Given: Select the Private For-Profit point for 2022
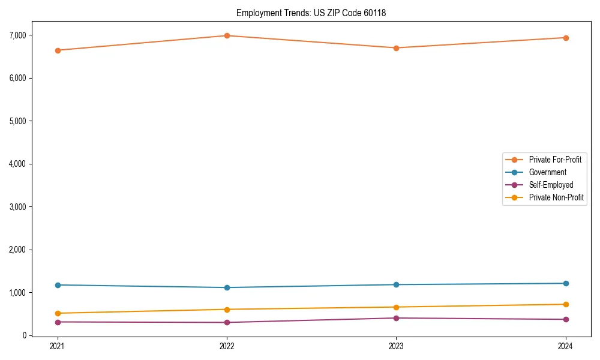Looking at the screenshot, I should (227, 35).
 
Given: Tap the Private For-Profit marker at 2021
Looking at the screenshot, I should (58, 50).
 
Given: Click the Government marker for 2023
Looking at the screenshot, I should (396, 284).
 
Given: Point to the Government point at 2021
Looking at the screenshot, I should (58, 285).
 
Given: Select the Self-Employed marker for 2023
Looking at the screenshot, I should (396, 318).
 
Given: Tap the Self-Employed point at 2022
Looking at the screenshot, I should (227, 323).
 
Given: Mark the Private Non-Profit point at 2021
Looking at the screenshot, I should (58, 313).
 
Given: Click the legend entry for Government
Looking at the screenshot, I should (547, 172).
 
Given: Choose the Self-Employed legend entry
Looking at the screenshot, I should (551, 185).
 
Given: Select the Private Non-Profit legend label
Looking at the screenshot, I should (556, 197).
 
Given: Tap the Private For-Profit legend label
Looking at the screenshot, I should (555, 160).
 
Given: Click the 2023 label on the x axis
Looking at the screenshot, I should (396, 346).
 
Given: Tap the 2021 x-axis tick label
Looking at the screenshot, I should (58, 346).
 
